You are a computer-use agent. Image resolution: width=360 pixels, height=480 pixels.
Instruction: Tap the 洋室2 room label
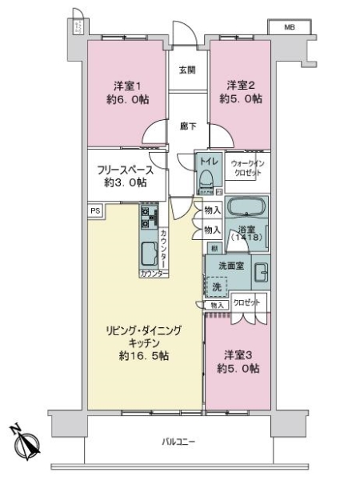[x=240, y=86]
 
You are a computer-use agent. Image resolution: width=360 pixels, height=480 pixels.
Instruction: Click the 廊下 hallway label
[x=187, y=125]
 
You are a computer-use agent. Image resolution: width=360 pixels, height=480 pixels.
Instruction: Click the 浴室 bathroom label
[x=247, y=233]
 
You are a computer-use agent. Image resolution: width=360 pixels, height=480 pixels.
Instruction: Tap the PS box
[x=95, y=211]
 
